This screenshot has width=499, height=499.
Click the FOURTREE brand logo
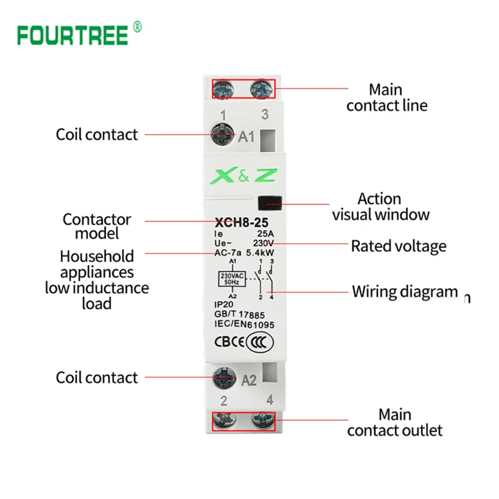[x=74, y=35]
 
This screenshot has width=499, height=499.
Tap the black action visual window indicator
[x=269, y=202]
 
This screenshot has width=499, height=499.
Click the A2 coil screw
[x=223, y=377]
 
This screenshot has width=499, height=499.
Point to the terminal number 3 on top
[x=264, y=114]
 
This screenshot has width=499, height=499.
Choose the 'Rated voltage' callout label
[x=399, y=246]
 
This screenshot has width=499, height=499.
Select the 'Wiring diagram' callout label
[x=405, y=291]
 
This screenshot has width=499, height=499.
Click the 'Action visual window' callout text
[x=380, y=207]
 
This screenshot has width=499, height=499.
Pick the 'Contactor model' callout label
[x=97, y=226]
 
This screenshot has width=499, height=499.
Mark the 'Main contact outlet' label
[x=395, y=422]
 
